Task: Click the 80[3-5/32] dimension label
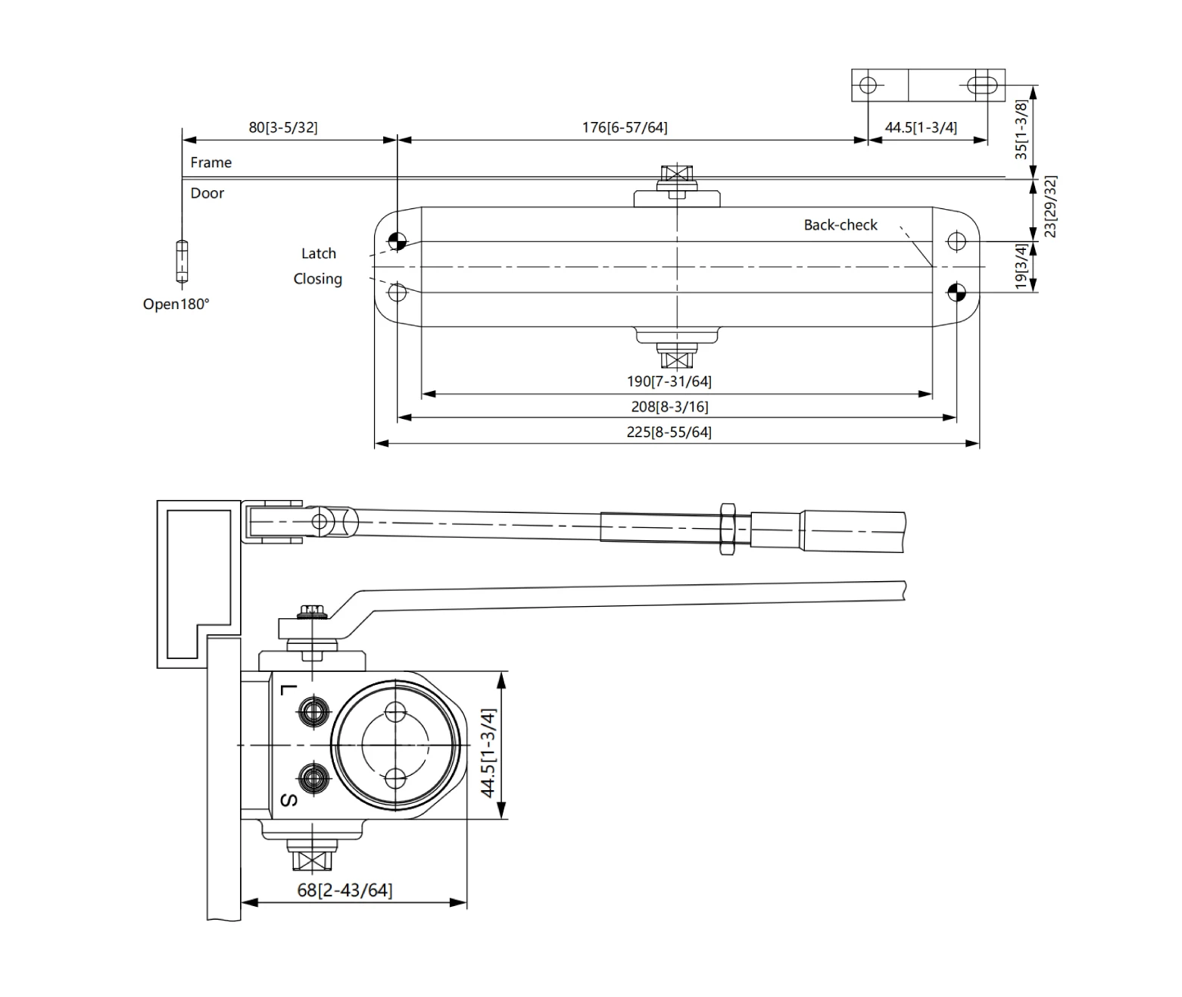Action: (x=283, y=127)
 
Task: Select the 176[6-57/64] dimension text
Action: (x=625, y=127)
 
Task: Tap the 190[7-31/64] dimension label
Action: (x=669, y=381)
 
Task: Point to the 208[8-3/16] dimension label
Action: (x=669, y=407)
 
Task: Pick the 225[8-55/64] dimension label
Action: (x=669, y=432)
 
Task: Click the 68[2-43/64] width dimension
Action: (x=345, y=889)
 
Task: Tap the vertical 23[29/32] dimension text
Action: (x=1050, y=206)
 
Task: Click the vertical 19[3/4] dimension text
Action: (x=1021, y=266)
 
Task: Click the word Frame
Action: (x=211, y=162)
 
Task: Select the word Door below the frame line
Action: (x=207, y=193)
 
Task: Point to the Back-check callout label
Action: (x=840, y=225)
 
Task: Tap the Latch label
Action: (x=318, y=254)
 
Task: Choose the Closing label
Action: (x=317, y=279)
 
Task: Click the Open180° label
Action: (x=176, y=305)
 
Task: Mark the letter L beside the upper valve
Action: (x=287, y=689)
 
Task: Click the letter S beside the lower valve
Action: (x=288, y=800)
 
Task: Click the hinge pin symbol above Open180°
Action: (x=182, y=262)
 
